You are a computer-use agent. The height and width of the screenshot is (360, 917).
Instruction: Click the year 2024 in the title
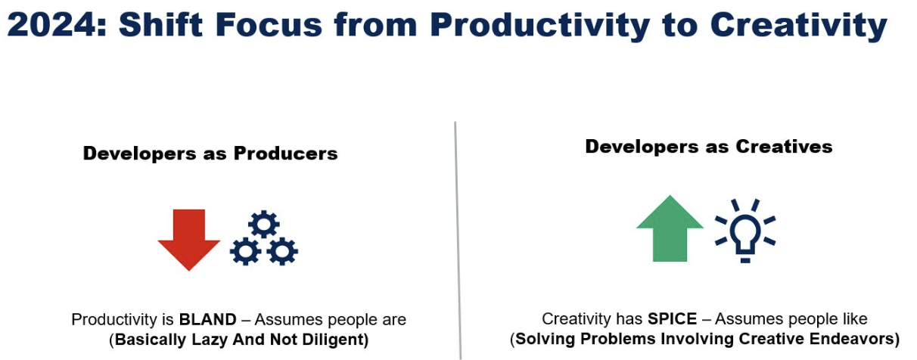(52, 25)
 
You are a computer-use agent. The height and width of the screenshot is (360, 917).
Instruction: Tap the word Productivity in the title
(539, 26)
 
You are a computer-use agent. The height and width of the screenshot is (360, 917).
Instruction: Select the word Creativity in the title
(798, 26)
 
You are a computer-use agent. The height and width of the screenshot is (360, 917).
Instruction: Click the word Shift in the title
(160, 24)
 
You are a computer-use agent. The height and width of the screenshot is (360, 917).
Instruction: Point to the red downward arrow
(188, 239)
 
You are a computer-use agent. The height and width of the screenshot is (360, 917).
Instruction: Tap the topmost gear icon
(263, 224)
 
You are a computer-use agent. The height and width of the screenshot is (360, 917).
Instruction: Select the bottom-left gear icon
(245, 251)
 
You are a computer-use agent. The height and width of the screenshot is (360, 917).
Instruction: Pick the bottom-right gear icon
(282, 251)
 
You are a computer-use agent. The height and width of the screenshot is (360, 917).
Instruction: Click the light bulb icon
(745, 231)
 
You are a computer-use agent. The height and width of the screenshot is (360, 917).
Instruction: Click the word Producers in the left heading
(286, 154)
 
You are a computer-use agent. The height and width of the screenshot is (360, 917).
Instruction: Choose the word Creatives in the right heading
(784, 147)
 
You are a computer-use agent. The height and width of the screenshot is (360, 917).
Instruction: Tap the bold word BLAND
(207, 319)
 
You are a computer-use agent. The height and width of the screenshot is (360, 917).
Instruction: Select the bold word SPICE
(672, 318)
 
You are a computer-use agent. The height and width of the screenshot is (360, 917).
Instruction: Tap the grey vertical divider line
(458, 241)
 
